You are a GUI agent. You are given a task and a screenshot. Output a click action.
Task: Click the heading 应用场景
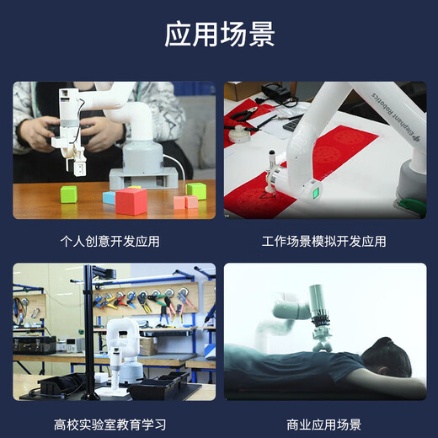coord(219,35)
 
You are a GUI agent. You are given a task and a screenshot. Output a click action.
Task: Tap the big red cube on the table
coord(131,200)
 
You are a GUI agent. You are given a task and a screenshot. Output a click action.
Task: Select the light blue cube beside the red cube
coord(109,197)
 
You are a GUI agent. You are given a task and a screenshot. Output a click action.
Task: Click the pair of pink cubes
coord(186,201)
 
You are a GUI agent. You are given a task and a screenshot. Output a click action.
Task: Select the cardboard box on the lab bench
coord(147,345)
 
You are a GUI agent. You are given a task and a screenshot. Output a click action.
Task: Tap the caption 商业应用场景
coord(323,425)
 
